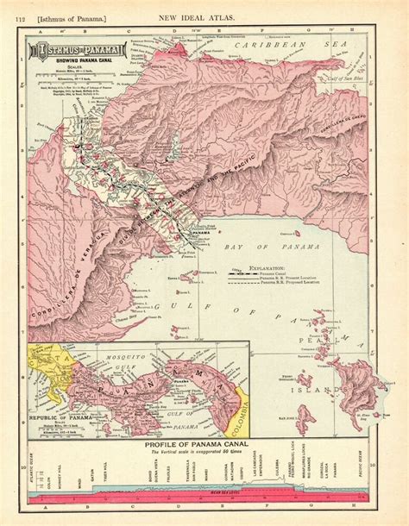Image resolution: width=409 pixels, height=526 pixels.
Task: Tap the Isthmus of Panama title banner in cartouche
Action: [x=77, y=51]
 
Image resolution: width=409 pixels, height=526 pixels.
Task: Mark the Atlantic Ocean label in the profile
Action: [x=33, y=469]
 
